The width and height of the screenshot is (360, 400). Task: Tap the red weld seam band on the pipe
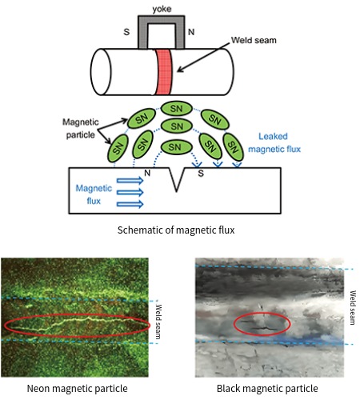pyautogui.click(x=164, y=71)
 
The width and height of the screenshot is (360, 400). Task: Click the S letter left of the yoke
pyautogui.click(x=126, y=34)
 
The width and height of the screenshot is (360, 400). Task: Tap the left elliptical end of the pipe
pyautogui.click(x=101, y=70)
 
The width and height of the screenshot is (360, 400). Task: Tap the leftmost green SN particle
pyautogui.click(x=118, y=146)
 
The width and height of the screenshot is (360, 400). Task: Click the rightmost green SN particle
pyautogui.click(x=234, y=146)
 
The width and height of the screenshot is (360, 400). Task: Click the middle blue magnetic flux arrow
pyautogui.click(x=130, y=193)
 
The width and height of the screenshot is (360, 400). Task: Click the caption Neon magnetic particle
pyautogui.click(x=77, y=388)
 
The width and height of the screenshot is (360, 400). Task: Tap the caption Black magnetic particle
pyautogui.click(x=266, y=388)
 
